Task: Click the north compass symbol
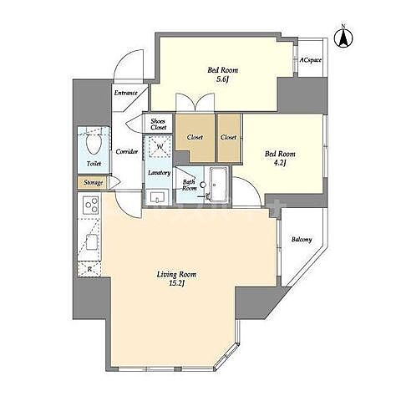(343, 38)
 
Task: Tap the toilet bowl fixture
(93, 143)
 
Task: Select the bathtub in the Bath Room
(219, 185)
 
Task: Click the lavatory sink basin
(157, 197)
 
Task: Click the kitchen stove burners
(91, 205)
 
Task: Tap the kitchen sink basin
(92, 242)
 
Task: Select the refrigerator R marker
(89, 269)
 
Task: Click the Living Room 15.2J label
(176, 278)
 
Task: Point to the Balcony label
(302, 240)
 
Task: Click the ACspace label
(310, 60)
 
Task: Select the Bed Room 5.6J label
(222, 74)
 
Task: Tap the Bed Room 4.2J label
(280, 158)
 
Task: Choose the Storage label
(94, 183)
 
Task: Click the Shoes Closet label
(159, 124)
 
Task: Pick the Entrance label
(126, 93)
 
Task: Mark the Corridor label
(127, 152)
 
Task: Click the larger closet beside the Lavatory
(195, 138)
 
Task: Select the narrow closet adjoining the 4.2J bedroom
(229, 138)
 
